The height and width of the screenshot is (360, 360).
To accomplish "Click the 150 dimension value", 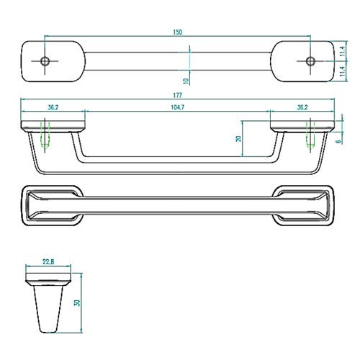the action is [x=178, y=32].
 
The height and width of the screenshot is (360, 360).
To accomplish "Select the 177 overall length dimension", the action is [x=178, y=95].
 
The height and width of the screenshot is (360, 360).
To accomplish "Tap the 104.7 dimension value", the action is [x=178, y=107].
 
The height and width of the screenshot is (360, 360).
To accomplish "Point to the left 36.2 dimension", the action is [x=53, y=107].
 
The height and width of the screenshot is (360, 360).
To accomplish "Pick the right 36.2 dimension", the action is [x=302, y=107].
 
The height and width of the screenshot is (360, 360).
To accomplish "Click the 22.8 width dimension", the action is [x=48, y=262].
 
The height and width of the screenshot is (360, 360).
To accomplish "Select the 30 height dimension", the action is [x=78, y=302].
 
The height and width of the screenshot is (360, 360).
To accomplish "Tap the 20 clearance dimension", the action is [x=238, y=139].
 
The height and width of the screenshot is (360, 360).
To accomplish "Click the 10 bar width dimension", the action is [x=186, y=81].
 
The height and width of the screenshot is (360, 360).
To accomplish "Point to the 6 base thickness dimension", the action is [x=338, y=141].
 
